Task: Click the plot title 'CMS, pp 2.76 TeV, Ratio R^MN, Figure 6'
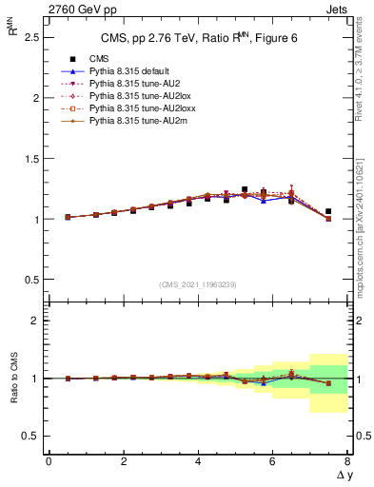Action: pyautogui.click(x=196, y=39)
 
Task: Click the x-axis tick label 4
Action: pyautogui.click(x=198, y=461)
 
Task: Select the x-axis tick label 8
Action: pyautogui.click(x=347, y=461)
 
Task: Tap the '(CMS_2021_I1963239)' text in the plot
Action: pyautogui.click(x=197, y=284)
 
